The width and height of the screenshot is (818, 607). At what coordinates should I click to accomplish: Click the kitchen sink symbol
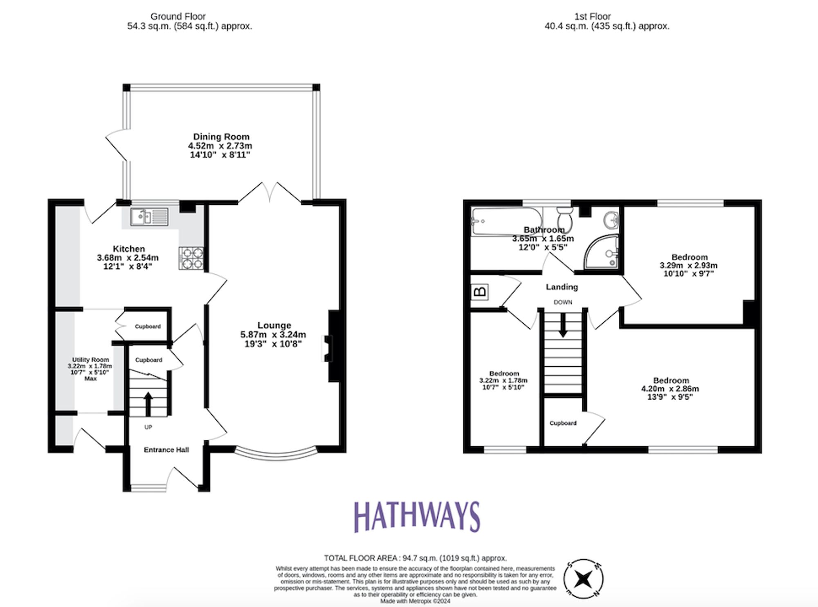(149, 217)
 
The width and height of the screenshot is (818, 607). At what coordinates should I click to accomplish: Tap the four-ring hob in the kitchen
(191, 258)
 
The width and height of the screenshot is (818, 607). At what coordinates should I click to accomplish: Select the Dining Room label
(221, 137)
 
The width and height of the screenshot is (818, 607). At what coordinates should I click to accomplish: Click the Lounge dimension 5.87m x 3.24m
(273, 334)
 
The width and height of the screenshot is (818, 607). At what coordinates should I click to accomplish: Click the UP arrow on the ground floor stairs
(148, 404)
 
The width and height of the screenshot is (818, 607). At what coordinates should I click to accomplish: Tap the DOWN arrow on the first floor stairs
(563, 325)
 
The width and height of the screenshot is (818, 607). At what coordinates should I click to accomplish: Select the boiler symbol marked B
(479, 292)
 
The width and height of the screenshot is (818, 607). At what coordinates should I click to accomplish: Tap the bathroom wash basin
(611, 220)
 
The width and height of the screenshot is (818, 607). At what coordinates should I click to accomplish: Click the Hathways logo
(416, 517)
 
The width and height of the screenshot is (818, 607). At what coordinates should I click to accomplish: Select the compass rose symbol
(583, 579)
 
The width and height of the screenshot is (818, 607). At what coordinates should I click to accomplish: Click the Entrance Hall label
(166, 450)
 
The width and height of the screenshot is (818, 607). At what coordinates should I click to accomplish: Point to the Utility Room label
(90, 360)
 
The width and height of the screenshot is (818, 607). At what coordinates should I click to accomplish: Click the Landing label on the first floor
(562, 287)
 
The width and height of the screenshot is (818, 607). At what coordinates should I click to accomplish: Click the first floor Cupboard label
(563, 423)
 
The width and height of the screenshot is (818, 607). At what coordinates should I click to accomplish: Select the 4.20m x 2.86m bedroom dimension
(670, 389)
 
